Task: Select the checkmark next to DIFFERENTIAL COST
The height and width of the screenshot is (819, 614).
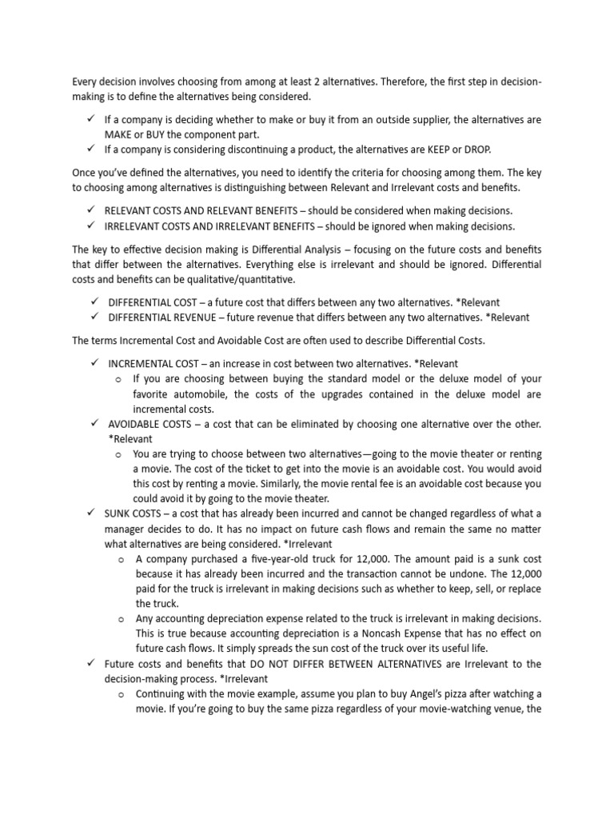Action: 94,302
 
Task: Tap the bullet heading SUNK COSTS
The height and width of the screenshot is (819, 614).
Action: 131,513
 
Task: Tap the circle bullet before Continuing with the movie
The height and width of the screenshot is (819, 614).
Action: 118,694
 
